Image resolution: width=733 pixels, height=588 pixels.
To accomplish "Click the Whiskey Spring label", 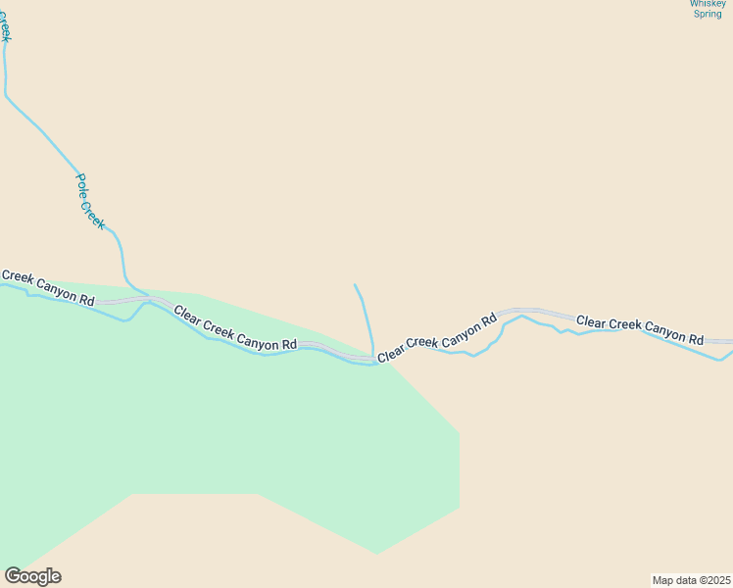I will tap(708, 9).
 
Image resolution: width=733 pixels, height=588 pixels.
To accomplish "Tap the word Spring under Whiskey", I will tap(708, 14).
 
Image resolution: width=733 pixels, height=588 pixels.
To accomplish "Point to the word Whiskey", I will tap(708, 3).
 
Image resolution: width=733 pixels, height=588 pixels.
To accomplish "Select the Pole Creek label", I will tap(90, 202).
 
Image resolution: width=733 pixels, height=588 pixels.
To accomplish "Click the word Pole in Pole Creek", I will tap(82, 185).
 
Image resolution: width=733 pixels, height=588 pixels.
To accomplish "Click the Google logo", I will tap(32, 576).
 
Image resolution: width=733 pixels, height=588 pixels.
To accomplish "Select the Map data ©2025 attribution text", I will tap(691, 579).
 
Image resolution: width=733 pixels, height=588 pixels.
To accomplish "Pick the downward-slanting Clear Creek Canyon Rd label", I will tap(235, 328).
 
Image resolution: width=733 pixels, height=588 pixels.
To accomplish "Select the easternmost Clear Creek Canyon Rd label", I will tap(640, 329).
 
